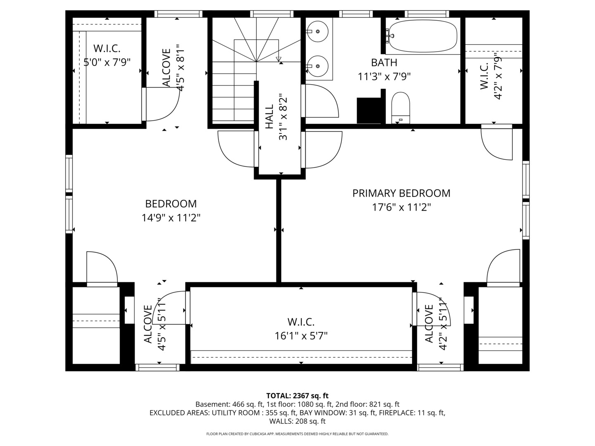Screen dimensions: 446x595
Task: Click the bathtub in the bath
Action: click(423, 36)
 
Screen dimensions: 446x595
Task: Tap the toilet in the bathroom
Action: click(400, 107)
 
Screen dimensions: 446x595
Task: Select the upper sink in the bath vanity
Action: click(317, 31)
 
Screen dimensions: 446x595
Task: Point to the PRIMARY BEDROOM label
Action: click(401, 193)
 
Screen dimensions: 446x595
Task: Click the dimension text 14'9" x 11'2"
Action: click(171, 218)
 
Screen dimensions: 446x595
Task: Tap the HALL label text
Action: click(269, 116)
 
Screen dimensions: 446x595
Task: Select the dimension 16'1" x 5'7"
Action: click(301, 336)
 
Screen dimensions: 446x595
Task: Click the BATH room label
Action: click(384, 63)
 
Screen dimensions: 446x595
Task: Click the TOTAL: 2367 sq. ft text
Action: click(297, 396)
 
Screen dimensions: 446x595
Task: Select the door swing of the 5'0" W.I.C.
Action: click(163, 105)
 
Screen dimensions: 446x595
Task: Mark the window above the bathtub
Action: click(427, 14)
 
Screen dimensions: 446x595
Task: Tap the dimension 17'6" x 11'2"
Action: click(401, 207)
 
